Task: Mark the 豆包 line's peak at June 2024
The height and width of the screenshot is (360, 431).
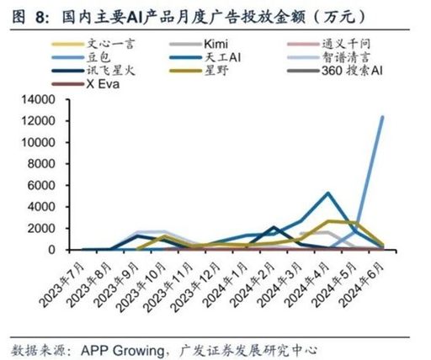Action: point(383,117)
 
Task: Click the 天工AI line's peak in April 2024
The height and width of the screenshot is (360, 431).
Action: point(329,193)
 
